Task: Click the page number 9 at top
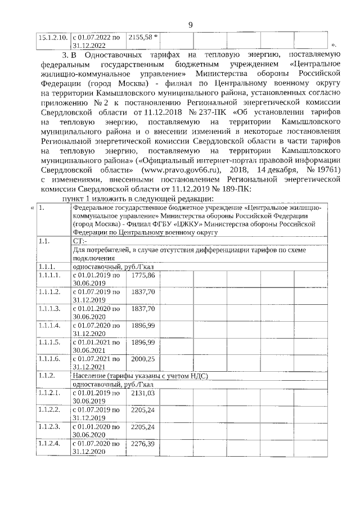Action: [190, 24]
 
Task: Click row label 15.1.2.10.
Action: [52, 37]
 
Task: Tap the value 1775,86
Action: [142, 275]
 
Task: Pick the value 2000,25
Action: [142, 358]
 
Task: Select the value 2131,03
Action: [142, 393]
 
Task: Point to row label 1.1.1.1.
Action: [49, 275]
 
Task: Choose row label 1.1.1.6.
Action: [49, 358]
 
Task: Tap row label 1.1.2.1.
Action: [49, 393]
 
